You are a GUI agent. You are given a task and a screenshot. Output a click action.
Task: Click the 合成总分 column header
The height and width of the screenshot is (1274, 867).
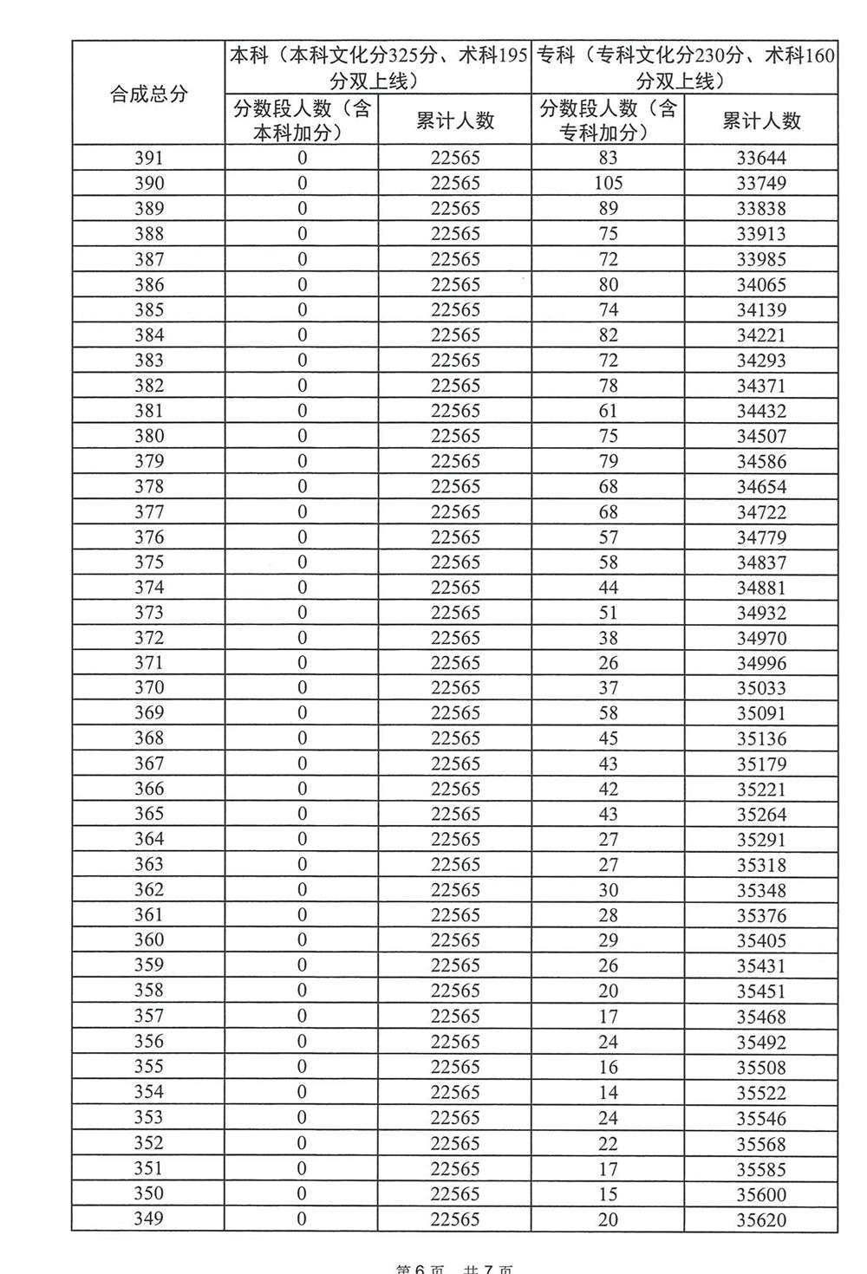click(148, 94)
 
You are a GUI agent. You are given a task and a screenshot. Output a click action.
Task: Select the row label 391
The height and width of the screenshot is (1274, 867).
click(148, 158)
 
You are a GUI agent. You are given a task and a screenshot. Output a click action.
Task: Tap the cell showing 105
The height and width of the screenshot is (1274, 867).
click(608, 183)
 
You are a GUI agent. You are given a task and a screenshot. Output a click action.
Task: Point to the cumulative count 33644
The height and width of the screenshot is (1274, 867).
click(760, 158)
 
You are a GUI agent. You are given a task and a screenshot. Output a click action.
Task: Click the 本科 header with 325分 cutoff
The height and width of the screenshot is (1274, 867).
click(378, 68)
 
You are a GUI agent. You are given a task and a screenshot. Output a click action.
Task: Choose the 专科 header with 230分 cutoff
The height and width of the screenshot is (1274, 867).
click(685, 68)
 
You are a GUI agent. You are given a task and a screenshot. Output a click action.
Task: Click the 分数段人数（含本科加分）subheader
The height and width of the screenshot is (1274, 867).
click(302, 120)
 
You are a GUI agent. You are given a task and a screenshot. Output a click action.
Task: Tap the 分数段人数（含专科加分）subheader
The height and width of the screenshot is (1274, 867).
click(608, 120)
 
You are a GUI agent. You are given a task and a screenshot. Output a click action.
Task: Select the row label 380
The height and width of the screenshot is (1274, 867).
click(148, 436)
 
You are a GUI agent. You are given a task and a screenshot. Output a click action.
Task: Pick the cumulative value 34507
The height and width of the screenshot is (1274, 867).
click(760, 436)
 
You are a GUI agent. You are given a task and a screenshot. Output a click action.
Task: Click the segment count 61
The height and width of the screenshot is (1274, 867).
click(608, 411)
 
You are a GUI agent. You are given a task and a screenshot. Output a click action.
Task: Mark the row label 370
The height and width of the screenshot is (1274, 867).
click(148, 688)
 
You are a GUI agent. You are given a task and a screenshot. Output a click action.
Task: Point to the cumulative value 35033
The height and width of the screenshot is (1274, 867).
click(760, 688)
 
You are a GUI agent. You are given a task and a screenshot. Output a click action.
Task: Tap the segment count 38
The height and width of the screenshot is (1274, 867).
click(608, 638)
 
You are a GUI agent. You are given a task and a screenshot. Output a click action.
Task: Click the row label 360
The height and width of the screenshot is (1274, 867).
click(148, 940)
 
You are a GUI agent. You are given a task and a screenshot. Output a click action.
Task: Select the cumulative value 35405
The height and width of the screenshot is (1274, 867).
click(760, 940)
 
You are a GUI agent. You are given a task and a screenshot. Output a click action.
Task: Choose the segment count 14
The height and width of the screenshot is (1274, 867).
click(608, 1092)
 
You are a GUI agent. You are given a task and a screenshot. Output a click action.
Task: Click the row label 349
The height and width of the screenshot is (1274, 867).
click(148, 1219)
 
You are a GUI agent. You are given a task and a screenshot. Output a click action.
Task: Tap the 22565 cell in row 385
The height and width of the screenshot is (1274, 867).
click(454, 309)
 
